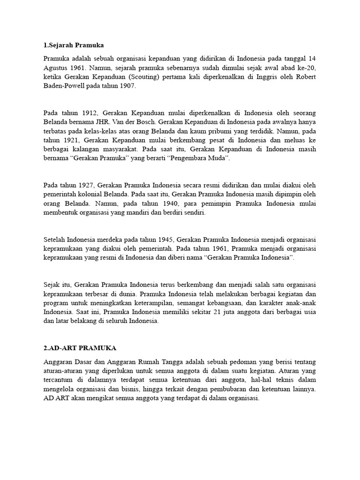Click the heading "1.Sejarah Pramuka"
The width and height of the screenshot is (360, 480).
pos(73,45)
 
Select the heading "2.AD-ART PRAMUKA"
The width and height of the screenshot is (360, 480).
pos(80,348)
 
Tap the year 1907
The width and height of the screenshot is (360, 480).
pos(127,86)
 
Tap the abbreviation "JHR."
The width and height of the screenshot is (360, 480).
pos(117,122)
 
